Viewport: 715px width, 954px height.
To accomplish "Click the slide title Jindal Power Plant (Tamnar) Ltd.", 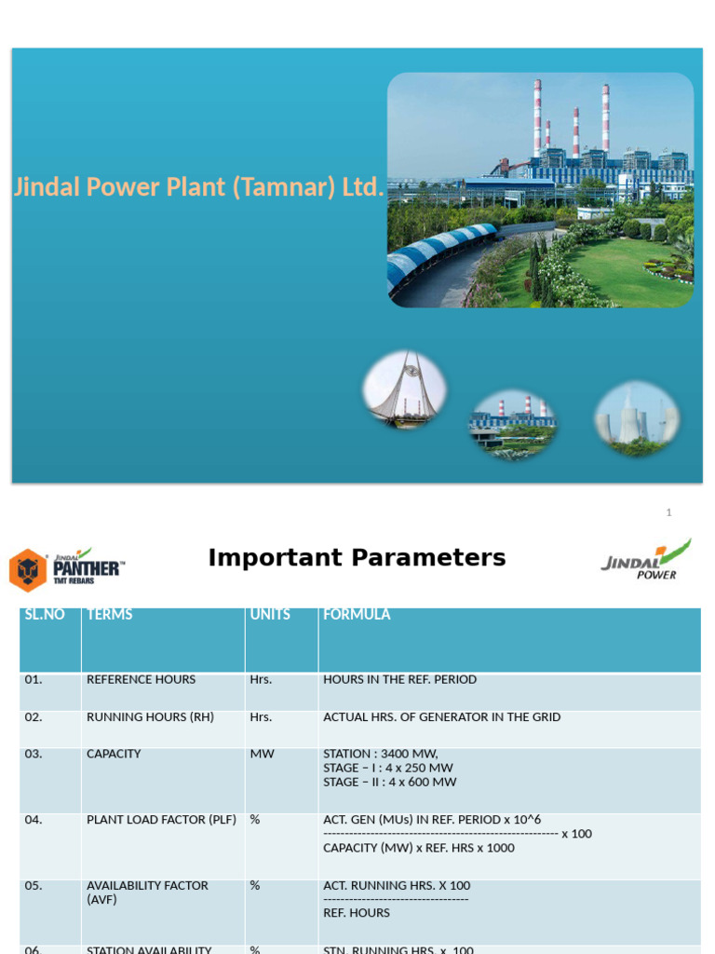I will (x=198, y=187).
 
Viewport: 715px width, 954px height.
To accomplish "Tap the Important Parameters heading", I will (x=357, y=558).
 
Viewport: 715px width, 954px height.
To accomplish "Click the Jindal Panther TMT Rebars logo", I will (x=66, y=568).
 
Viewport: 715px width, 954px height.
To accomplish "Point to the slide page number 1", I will (x=668, y=512).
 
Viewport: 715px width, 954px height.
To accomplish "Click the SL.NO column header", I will (x=45, y=615).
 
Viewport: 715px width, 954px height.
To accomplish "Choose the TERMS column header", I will (x=110, y=615).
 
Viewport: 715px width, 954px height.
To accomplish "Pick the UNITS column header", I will (x=270, y=615).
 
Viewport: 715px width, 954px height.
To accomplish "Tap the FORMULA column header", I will (x=357, y=615).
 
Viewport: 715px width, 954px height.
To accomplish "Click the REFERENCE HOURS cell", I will (x=142, y=680).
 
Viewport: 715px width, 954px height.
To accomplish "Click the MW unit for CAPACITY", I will (x=262, y=754).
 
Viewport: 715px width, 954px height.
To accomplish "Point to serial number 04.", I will (x=34, y=820).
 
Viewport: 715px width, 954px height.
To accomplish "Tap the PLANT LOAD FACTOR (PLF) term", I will (x=161, y=820).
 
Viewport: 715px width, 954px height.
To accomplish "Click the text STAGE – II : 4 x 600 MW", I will (x=390, y=783).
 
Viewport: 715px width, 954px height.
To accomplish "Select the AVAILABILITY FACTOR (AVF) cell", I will (x=147, y=893).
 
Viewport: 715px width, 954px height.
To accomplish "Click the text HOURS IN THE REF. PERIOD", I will (x=399, y=680).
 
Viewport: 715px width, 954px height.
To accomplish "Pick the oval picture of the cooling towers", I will (x=637, y=419).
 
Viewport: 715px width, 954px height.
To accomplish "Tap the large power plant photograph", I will (x=540, y=190).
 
